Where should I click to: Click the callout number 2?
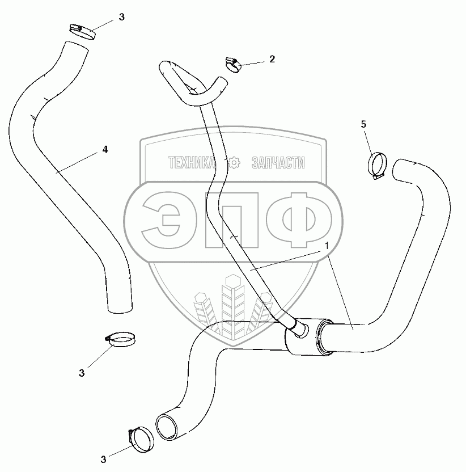point(272,58)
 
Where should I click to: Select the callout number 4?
point(105,149)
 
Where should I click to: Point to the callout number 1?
point(327,245)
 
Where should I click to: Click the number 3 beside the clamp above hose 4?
point(121,18)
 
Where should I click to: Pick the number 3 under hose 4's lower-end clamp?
point(82,373)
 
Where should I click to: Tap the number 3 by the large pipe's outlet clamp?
point(103,458)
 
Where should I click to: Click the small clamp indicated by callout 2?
point(233,64)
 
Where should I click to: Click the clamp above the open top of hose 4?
point(82,31)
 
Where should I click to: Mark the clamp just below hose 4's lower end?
point(121,339)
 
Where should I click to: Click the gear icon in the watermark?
point(234,163)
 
